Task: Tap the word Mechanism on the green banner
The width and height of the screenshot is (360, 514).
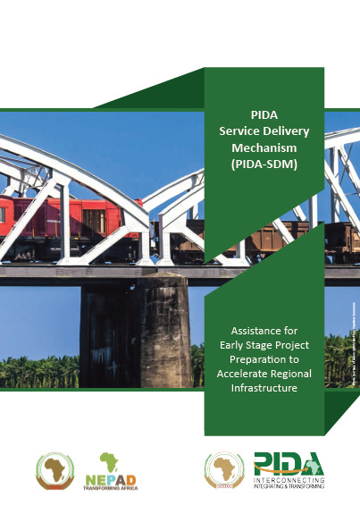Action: [x=264, y=147]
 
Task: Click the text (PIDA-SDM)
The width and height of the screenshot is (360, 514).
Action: [x=264, y=164]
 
